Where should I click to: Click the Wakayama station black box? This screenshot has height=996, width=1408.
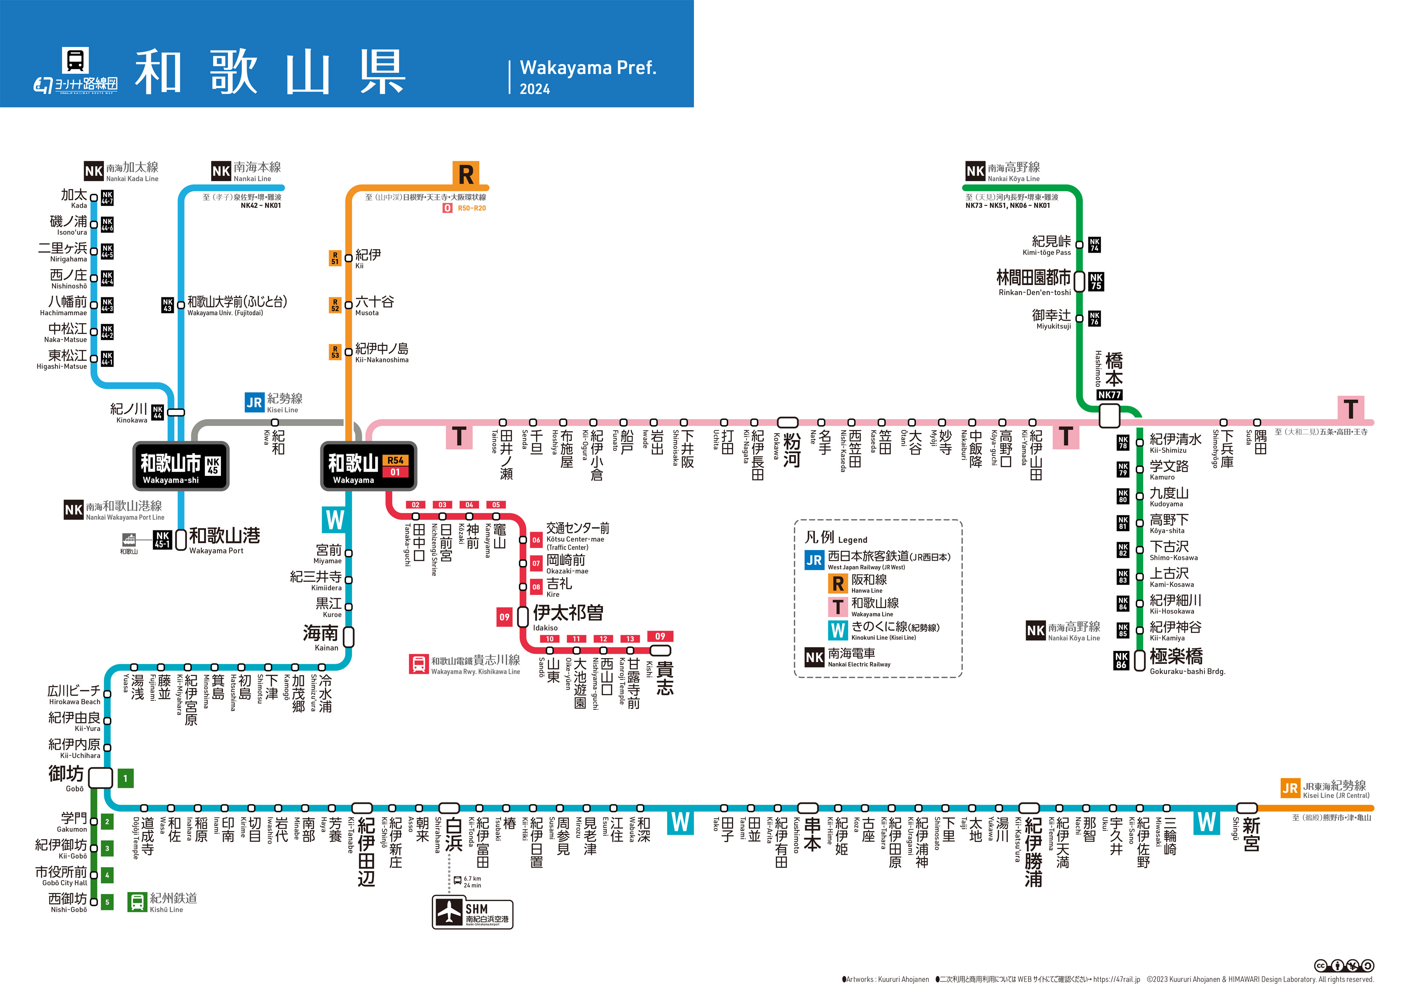click(x=369, y=466)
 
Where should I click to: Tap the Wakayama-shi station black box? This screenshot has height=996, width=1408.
click(x=181, y=466)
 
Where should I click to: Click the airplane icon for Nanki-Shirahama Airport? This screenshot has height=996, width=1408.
click(x=450, y=913)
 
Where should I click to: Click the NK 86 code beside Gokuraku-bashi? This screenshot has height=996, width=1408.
click(x=1121, y=660)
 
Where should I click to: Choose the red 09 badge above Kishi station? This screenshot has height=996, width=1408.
click(x=660, y=636)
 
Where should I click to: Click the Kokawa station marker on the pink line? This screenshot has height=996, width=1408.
click(x=788, y=422)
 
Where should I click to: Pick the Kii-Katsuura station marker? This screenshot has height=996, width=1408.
click(x=1029, y=808)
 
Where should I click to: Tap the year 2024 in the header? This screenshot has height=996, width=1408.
click(x=535, y=89)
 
